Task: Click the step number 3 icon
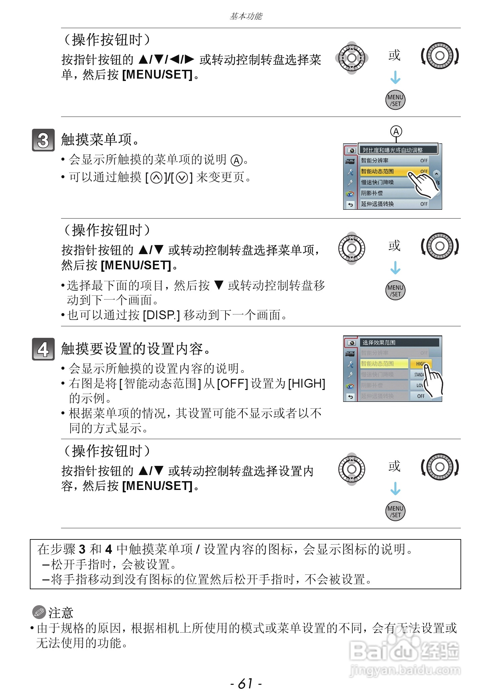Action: click(43, 140)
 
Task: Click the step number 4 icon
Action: click(43, 349)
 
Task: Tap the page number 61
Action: click(245, 683)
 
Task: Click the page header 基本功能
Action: click(245, 16)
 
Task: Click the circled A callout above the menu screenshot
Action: click(396, 131)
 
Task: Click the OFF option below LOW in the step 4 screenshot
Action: click(420, 396)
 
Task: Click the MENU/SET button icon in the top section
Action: click(395, 100)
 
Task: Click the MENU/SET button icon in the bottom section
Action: click(395, 511)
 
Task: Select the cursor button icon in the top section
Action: click(352, 58)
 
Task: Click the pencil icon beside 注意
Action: click(39, 612)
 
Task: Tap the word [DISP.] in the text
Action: click(161, 315)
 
